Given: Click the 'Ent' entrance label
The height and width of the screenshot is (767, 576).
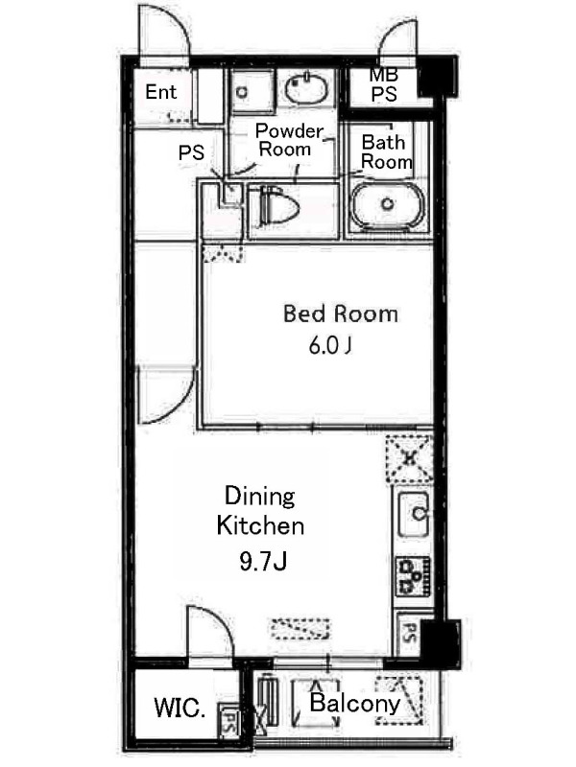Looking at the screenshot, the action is pyautogui.click(x=160, y=92).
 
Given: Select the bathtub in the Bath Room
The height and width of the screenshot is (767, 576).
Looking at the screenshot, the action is pyautogui.click(x=388, y=205).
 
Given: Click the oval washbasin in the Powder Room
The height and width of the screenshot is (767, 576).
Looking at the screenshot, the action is pyautogui.click(x=305, y=87).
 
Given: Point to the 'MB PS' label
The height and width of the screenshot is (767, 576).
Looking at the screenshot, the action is pyautogui.click(x=383, y=84).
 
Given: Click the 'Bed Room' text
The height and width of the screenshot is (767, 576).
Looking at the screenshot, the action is pyautogui.click(x=341, y=314).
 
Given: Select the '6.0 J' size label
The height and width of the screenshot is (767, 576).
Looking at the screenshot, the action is pyautogui.click(x=330, y=346).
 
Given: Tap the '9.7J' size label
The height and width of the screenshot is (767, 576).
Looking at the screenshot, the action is pyautogui.click(x=263, y=561).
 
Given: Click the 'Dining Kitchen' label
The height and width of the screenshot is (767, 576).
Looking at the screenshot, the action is pyautogui.click(x=260, y=511).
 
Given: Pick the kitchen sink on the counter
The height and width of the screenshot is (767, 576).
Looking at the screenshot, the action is pyautogui.click(x=415, y=514).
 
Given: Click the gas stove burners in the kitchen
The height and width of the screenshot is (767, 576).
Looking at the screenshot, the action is pyautogui.click(x=413, y=576).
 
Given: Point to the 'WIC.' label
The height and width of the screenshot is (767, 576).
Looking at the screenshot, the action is pyautogui.click(x=179, y=708).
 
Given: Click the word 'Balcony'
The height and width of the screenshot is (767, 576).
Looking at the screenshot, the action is pyautogui.click(x=354, y=704).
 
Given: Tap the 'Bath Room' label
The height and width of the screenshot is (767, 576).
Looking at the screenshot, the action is pyautogui.click(x=387, y=151).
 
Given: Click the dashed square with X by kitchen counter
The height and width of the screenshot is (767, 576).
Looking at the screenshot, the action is pyautogui.click(x=410, y=458).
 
